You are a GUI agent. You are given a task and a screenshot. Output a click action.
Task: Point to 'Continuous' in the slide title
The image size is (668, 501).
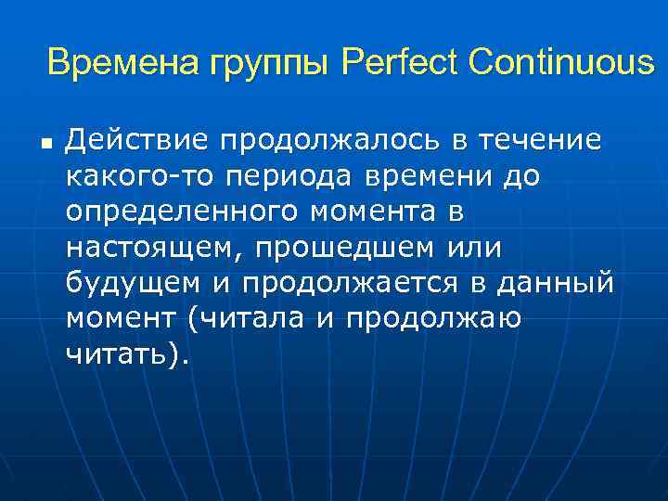tap(561, 63)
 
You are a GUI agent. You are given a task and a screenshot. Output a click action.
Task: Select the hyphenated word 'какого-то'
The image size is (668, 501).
tap(130, 175)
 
